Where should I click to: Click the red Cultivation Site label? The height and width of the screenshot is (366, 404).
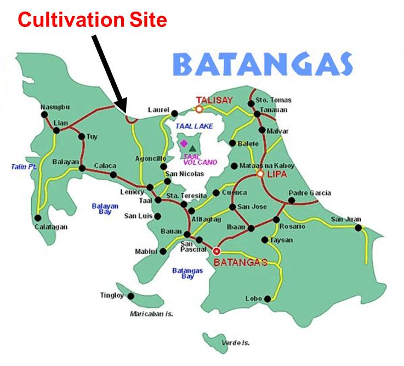point(92,20)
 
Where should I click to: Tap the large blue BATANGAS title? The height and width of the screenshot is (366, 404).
point(263,65)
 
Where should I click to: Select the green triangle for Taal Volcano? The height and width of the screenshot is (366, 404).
point(192,147)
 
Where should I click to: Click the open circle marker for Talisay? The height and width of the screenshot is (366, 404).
point(200,109)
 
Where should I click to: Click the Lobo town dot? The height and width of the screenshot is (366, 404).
point(268,299)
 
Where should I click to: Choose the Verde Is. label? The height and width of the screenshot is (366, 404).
point(232,342)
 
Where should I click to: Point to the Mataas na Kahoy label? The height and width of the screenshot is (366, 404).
point(266,165)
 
